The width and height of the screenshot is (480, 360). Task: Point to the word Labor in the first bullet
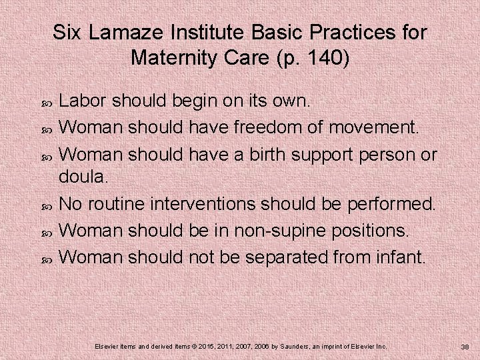83,101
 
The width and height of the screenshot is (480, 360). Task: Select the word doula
82,178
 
